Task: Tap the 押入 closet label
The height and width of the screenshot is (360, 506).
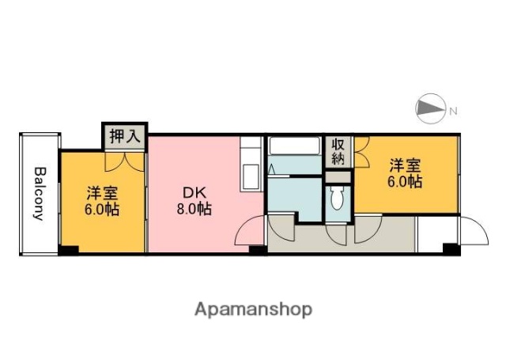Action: [x=124, y=136]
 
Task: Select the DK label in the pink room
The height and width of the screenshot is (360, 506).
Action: [x=193, y=192]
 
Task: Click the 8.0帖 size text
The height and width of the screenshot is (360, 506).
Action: [x=194, y=210]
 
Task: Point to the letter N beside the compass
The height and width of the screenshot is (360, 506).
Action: [x=453, y=112]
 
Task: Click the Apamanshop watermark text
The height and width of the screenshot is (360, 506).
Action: [x=252, y=309]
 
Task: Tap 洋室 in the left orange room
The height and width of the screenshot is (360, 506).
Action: [x=103, y=192]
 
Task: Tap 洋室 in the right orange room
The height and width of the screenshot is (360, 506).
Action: [x=403, y=165]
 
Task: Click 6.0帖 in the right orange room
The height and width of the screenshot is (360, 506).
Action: [x=403, y=182]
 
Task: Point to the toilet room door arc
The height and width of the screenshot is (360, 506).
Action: [x=338, y=233]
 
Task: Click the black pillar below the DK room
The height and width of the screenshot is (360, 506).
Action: [x=257, y=251]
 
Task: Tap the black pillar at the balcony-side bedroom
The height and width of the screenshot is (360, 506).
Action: [x=70, y=251]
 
